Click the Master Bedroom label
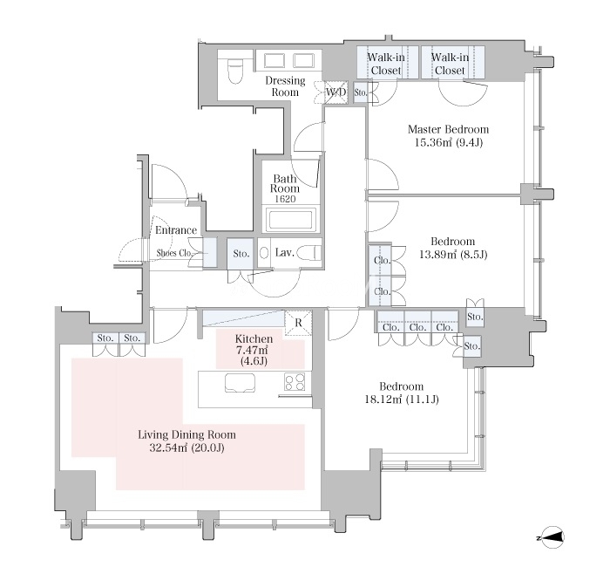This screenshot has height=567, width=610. (448, 129)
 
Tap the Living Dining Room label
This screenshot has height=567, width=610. (186, 434)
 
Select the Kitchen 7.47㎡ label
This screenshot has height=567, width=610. (254, 345)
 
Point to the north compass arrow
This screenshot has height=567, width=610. (550, 538)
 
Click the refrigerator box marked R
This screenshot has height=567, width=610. (298, 323)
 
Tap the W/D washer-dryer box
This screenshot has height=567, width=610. (335, 92)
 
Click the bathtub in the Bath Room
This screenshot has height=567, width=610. (290, 220)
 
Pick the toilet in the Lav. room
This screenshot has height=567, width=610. (309, 254)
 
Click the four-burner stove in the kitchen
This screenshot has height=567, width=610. (295, 382)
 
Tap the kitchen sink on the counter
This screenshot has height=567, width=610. (240, 383)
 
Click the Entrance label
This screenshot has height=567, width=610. (176, 230)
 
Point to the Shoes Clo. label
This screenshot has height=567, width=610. (174, 253)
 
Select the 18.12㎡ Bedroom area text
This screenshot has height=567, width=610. (402, 400)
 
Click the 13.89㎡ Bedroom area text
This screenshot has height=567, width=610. (453, 255)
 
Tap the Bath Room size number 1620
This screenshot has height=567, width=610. (285, 199)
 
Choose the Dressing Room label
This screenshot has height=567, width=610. (285, 86)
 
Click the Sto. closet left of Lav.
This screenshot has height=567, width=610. (241, 254)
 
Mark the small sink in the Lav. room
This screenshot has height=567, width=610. (264, 254)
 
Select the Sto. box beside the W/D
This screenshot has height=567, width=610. (360, 92)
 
